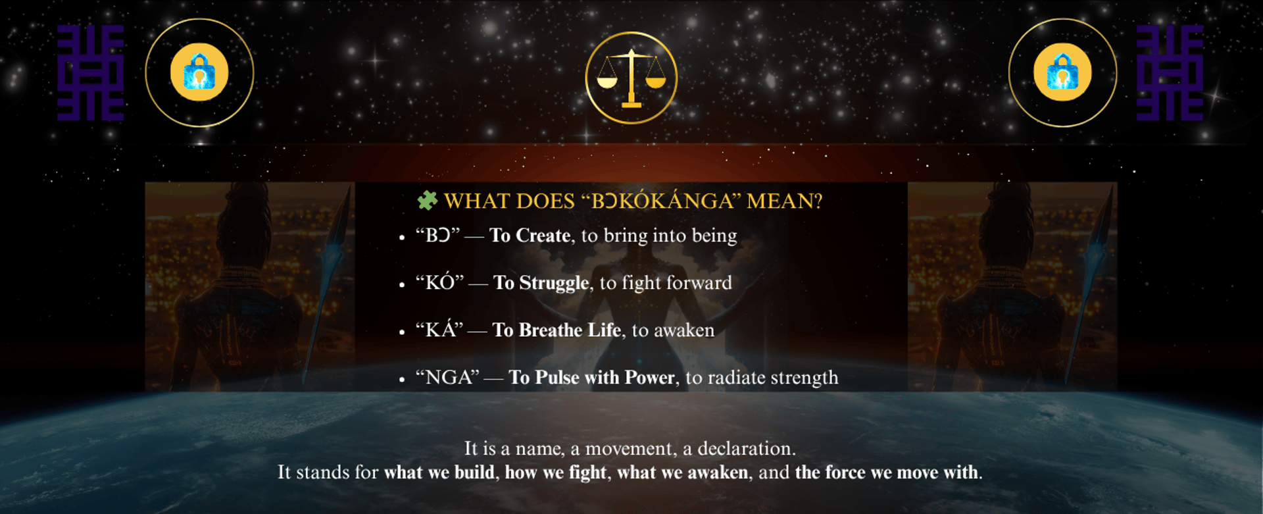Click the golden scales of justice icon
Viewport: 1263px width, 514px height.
631,78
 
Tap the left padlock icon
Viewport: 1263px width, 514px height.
199,72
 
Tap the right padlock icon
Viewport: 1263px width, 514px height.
1062,72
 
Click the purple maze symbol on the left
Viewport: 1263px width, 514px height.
90,72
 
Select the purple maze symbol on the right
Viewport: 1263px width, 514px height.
1170,72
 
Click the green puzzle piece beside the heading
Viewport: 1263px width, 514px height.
428,200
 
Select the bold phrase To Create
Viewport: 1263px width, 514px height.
530,236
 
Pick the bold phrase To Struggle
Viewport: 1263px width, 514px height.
541,283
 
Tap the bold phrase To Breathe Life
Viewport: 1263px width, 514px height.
557,330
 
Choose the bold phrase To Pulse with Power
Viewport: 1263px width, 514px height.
592,377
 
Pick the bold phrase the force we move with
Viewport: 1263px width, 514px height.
887,473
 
